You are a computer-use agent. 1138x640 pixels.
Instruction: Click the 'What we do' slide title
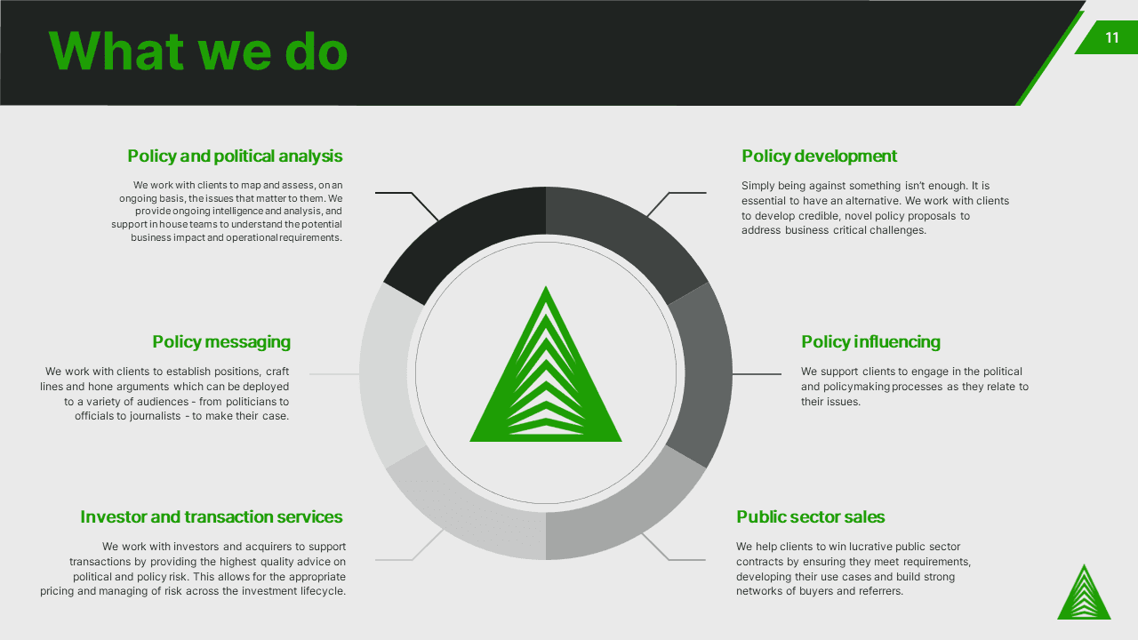click(x=198, y=52)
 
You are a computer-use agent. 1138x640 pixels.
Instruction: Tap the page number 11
click(x=1112, y=37)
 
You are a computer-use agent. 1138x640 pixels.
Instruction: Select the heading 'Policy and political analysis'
click(x=235, y=156)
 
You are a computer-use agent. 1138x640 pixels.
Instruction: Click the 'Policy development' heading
click(x=819, y=156)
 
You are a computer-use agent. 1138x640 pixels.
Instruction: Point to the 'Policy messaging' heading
click(x=221, y=342)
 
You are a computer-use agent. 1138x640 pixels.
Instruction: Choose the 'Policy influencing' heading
click(x=870, y=342)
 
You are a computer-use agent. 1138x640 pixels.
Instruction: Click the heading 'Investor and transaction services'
click(x=212, y=516)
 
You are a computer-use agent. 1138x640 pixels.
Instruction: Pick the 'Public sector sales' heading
click(x=810, y=516)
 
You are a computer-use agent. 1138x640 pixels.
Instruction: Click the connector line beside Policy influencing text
click(x=757, y=374)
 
